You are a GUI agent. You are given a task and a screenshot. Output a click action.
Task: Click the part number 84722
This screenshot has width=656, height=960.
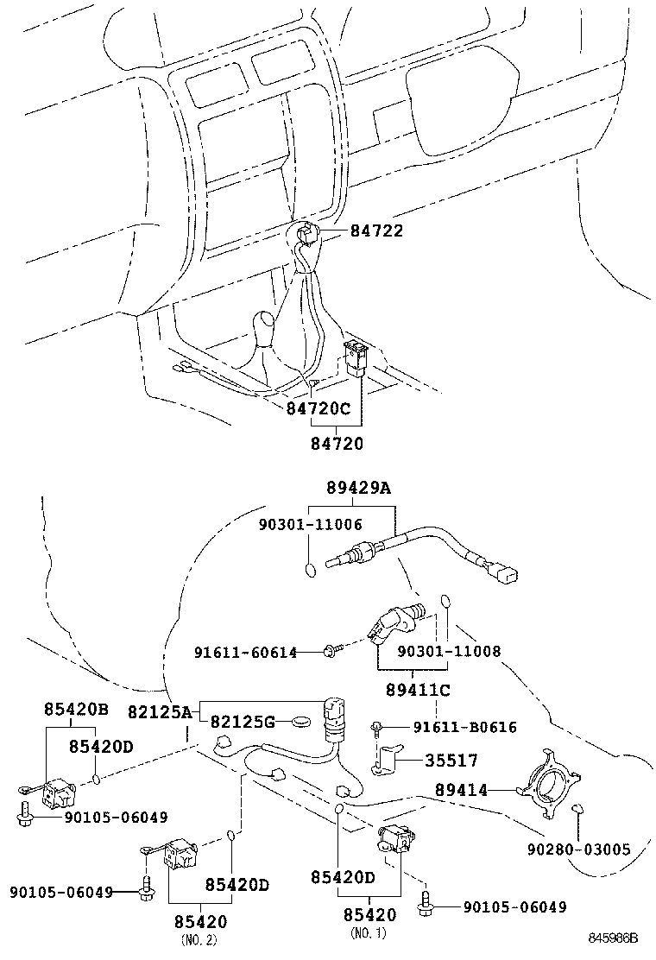376,231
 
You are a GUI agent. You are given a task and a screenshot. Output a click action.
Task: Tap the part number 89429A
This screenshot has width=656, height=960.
358,488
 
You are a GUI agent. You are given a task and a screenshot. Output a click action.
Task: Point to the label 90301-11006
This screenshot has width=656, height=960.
310,524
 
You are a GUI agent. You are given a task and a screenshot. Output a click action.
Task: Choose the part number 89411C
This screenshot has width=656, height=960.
418,690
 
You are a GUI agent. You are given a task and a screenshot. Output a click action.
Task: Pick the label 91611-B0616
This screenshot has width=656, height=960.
465,728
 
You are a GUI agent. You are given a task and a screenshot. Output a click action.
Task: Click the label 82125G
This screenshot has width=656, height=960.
245,721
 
